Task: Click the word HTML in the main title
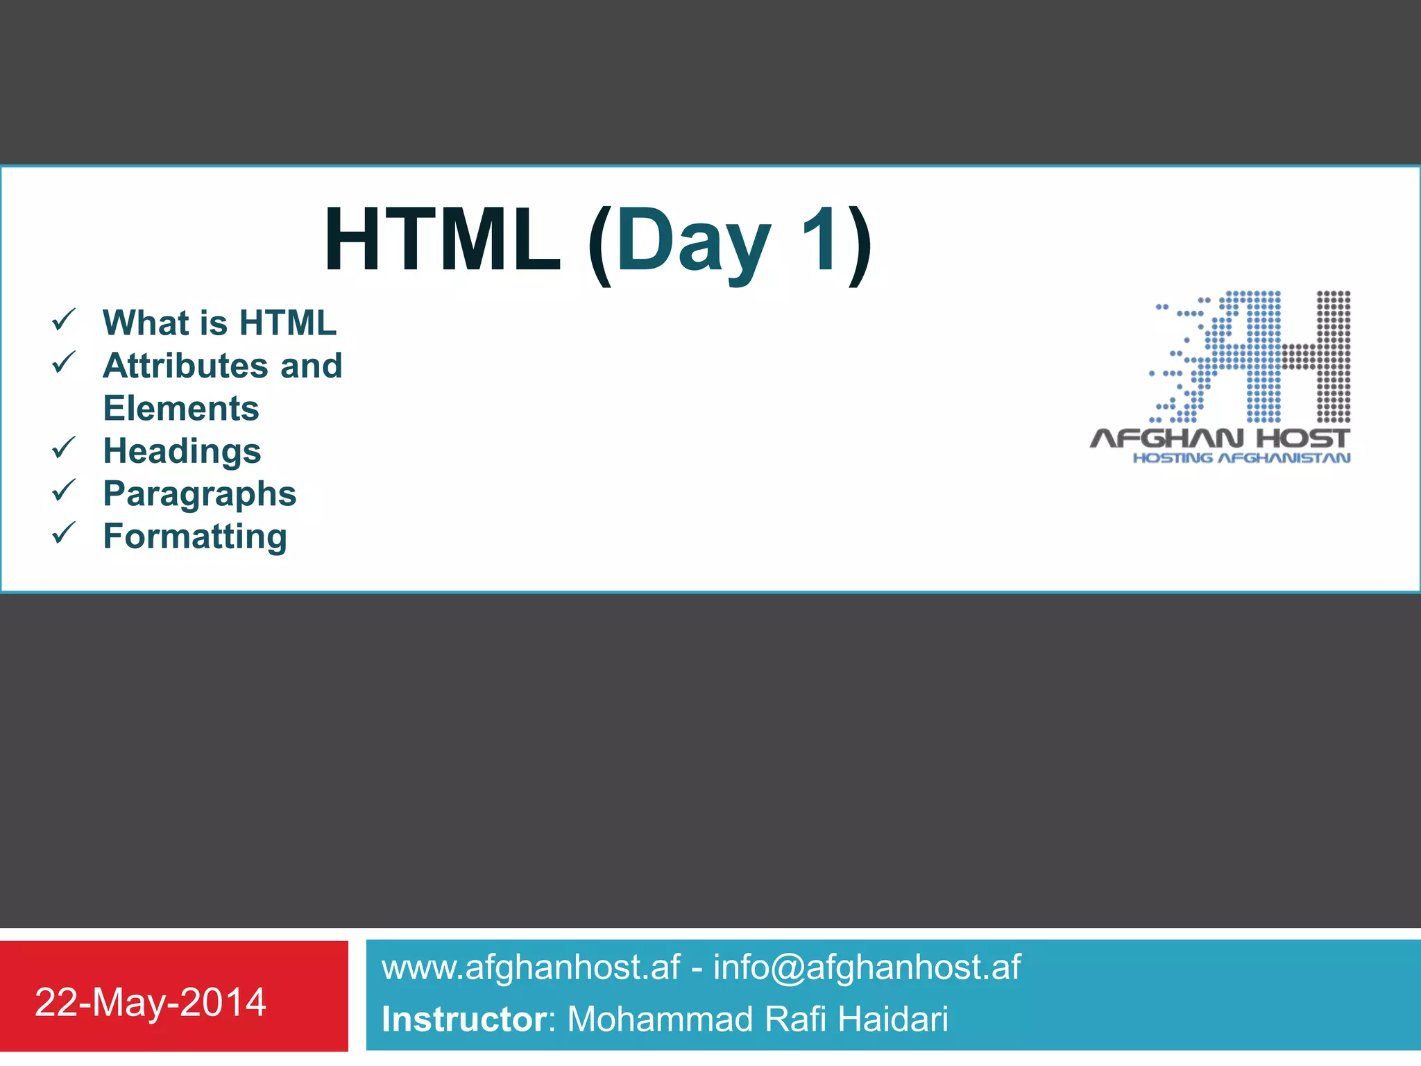[x=442, y=240]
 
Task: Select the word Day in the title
[x=693, y=243]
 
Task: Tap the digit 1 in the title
[x=819, y=240]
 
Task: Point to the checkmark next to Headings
[x=63, y=448]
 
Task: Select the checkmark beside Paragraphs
[x=63, y=491]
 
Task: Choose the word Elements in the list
[x=181, y=408]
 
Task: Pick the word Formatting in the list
[x=195, y=536]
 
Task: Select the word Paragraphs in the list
[x=200, y=494]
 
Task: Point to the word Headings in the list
[x=182, y=451]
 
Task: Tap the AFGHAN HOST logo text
[x=1219, y=439]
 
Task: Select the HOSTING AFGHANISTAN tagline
[x=1241, y=458]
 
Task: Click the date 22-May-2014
[x=151, y=1002]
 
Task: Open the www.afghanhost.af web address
[x=531, y=967]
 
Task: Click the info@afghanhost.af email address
[x=867, y=967]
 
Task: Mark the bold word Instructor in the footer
[x=464, y=1020]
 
